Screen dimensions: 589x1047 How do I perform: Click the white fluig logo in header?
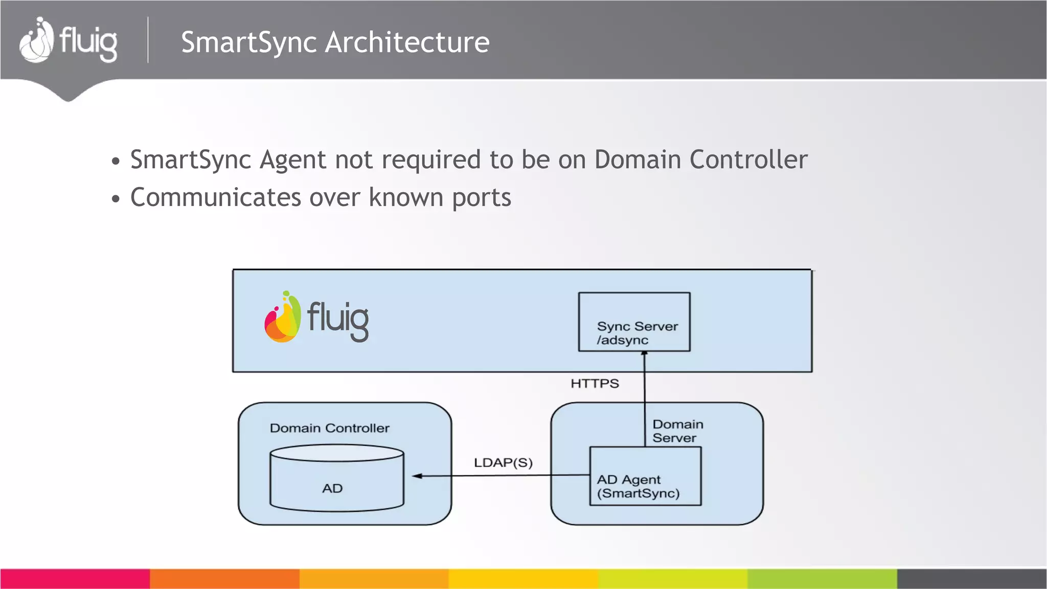point(68,41)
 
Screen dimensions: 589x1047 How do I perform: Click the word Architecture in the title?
point(407,42)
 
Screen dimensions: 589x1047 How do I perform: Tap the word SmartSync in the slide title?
point(248,42)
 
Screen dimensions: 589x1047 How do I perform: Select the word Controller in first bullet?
point(748,160)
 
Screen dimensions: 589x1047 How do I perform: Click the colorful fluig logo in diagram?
point(316,318)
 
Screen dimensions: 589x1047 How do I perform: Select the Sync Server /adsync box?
point(634,322)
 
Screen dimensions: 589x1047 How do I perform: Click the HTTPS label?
point(595,383)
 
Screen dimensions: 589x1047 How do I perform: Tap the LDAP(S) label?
point(503,463)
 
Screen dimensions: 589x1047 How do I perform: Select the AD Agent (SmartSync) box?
point(645,477)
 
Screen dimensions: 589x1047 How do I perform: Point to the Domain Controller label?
point(329,428)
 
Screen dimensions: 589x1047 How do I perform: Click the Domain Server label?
point(677,431)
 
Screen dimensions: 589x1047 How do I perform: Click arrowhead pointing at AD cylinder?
point(417,476)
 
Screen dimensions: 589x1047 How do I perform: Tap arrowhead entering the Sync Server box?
point(644,354)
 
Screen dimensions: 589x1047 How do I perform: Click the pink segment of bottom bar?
point(75,579)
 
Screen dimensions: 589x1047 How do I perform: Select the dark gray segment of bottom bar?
point(971,579)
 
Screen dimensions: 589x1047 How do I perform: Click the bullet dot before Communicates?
point(116,199)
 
